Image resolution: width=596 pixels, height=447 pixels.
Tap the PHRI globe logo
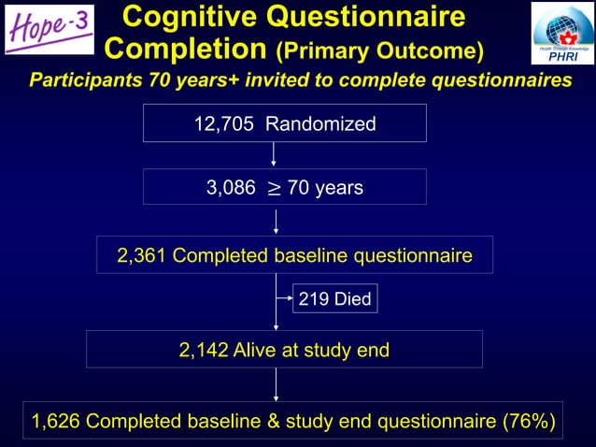[561, 34]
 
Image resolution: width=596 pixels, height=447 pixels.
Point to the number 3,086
[230, 188]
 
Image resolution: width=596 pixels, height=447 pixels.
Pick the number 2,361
[142, 255]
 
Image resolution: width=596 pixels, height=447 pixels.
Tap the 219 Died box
[334, 299]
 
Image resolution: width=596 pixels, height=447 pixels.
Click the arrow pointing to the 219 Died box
[285, 299]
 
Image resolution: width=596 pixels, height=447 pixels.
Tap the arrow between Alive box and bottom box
[276, 383]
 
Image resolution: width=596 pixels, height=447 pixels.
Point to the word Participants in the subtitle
[86, 80]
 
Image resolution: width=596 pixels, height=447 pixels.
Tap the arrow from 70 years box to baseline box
[276, 220]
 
